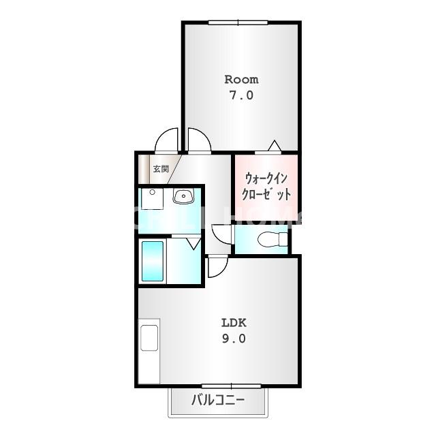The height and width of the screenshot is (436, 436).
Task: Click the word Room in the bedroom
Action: [x=241, y=80]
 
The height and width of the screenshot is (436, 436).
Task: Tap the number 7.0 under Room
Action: [x=241, y=96]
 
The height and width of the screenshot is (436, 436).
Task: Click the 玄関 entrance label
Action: [x=160, y=168]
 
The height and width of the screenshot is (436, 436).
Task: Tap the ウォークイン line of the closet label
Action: [x=267, y=178]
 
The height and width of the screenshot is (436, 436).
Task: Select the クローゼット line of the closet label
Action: [x=267, y=193]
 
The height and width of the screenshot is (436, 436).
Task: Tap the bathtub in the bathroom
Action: [x=153, y=261]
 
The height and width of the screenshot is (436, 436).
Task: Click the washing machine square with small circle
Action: [x=151, y=198]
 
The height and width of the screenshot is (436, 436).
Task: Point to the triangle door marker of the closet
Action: [x=274, y=145]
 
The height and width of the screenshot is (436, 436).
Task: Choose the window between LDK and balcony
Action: [x=222, y=386]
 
